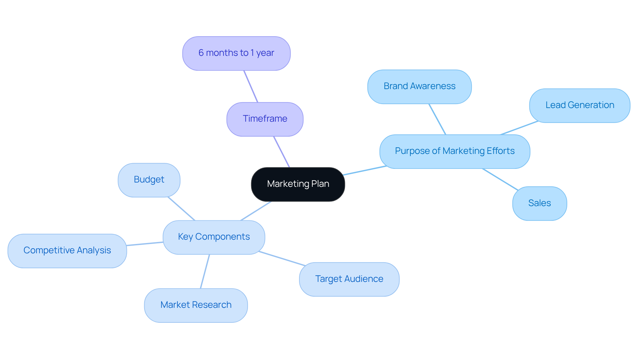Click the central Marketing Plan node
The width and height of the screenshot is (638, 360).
[x=298, y=184]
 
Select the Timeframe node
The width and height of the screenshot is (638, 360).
[x=265, y=119]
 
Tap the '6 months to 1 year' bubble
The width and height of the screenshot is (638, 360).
[x=236, y=53]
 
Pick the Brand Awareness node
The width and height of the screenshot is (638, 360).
[x=419, y=86]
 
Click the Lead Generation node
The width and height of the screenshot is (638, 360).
[x=580, y=105]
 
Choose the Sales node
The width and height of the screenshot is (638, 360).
[x=539, y=203]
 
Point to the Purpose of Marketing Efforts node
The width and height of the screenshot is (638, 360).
[x=454, y=151]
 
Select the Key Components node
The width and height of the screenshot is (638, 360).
[x=214, y=237]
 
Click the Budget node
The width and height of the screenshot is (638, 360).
[x=149, y=180]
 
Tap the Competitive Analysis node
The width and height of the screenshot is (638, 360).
[x=67, y=251]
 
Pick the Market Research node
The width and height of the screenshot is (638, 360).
[x=196, y=305]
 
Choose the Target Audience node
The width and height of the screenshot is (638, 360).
[x=349, y=279]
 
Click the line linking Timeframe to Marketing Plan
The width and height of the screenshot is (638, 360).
[x=282, y=152]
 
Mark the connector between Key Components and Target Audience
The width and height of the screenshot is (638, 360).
[x=282, y=259]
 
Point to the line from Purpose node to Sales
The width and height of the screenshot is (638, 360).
[x=500, y=180]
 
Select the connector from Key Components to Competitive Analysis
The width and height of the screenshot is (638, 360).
[x=145, y=244]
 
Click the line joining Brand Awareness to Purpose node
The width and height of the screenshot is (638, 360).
[x=437, y=119]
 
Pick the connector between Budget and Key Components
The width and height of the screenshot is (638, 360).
[x=181, y=209]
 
